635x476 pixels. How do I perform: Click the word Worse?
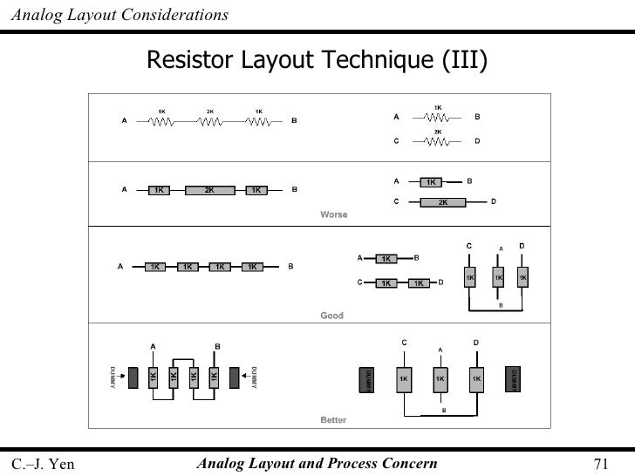coord(334,214)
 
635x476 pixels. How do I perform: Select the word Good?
coord(332,316)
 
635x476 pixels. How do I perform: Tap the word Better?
coord(333,420)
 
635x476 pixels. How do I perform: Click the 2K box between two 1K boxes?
coord(209,189)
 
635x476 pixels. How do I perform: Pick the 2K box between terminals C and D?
coord(443,202)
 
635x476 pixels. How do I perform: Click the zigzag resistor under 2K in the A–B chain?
coord(210,121)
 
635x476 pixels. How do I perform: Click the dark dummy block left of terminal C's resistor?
coord(368,380)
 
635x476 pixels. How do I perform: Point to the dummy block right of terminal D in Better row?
coord(512,380)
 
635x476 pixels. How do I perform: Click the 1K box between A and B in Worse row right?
coord(431,182)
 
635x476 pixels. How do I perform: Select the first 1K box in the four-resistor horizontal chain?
coord(154,267)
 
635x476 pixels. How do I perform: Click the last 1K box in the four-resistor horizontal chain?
coord(251,267)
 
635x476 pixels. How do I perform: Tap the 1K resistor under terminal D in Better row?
coord(476,380)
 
